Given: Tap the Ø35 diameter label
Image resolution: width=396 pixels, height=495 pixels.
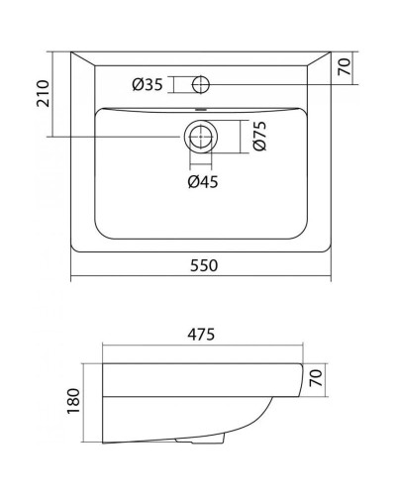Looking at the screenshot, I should coord(148,83).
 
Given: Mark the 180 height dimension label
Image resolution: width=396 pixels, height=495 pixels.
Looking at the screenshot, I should coord(72,404).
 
